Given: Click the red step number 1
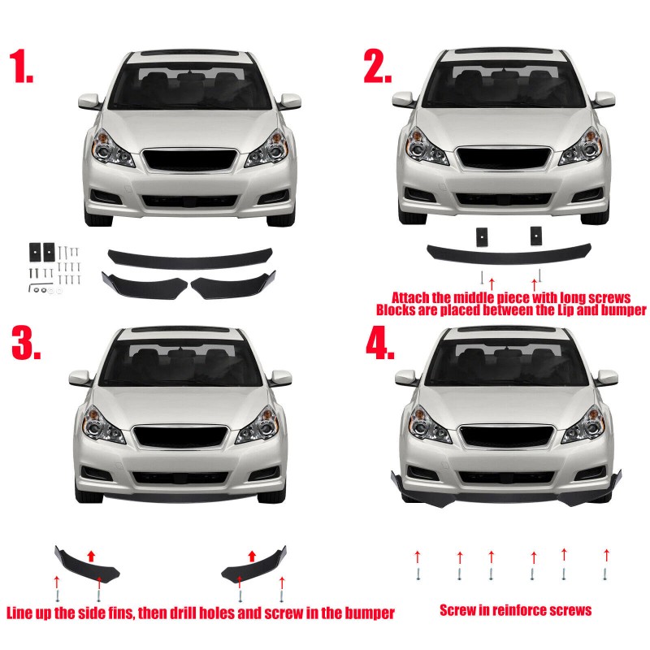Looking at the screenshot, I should pos(23,66).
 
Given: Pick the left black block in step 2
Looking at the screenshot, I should pos(481,235).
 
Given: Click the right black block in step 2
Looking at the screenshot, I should pos(535,234).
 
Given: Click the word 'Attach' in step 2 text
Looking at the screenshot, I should pos(414,297).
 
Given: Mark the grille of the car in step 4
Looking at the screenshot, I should pos(505,436).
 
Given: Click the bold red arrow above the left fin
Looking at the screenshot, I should pos(91,555).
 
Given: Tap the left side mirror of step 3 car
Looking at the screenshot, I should pos(80,379).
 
